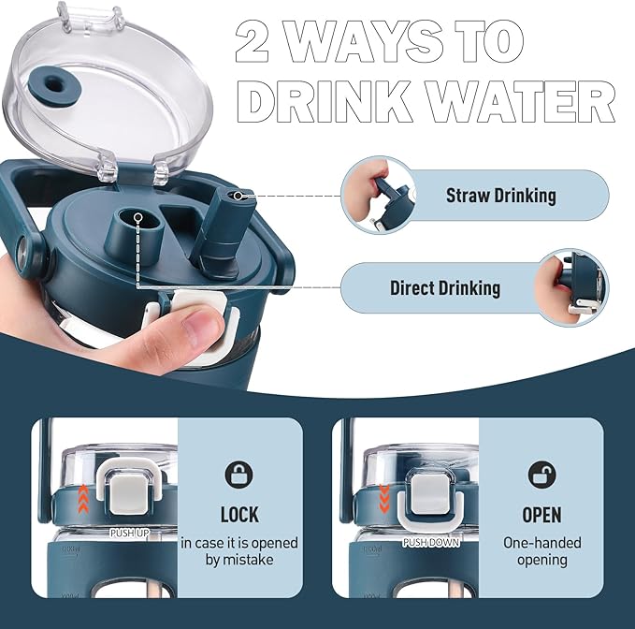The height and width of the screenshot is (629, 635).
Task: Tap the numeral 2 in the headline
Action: [x=251, y=41]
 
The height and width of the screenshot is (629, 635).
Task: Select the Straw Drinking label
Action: [x=501, y=196]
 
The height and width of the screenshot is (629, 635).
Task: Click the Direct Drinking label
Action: [x=445, y=288]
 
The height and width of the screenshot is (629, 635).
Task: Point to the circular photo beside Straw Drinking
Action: [x=378, y=196]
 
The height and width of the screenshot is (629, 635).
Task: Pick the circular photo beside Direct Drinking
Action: [x=571, y=288]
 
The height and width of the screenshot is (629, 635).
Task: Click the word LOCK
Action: [x=239, y=515]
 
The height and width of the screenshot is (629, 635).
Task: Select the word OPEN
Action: [x=541, y=515]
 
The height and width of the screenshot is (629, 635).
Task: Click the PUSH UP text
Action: [x=130, y=534]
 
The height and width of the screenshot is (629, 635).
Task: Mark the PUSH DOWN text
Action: [x=431, y=542]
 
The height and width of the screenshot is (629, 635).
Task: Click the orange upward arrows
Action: [x=83, y=499]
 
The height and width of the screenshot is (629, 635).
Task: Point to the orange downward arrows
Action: [x=384, y=498]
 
